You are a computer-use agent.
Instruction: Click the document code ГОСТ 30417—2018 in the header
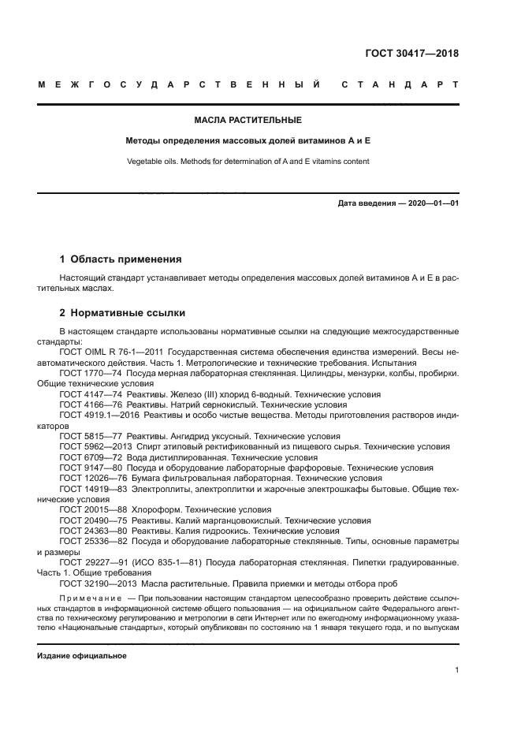pyautogui.click(x=411, y=54)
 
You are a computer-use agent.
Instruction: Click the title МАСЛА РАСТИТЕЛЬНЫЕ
pyautogui.click(x=247, y=121)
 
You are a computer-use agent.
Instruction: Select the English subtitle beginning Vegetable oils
pyautogui.click(x=247, y=161)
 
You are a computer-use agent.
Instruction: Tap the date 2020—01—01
pyautogui.click(x=433, y=203)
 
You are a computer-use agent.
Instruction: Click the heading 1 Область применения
pyautogui.click(x=121, y=259)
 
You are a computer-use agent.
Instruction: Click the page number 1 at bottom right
pyautogui.click(x=457, y=670)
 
